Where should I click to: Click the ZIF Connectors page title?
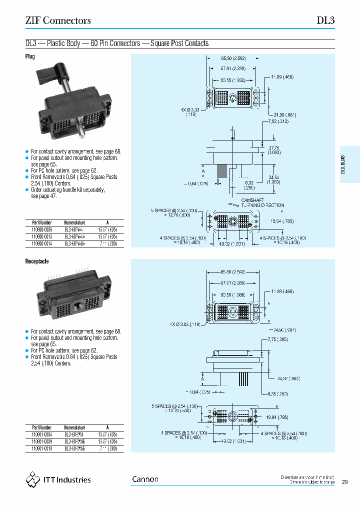[58, 20]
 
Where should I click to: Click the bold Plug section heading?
[30, 57]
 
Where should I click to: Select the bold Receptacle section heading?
[36, 261]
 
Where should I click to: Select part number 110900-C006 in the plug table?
[41, 229]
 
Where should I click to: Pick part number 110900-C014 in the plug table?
[41, 243]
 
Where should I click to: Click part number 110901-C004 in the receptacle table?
[41, 434]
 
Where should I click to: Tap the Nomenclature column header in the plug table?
[75, 222]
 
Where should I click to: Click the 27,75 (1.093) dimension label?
[273, 150]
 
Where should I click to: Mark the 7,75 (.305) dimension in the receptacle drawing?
[278, 339]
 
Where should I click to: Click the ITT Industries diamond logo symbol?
[32, 480]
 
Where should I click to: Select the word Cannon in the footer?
[145, 479]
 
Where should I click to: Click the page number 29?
[345, 482]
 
